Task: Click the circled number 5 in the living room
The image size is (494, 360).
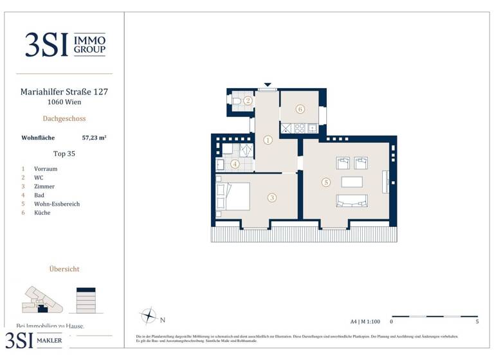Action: [x=326, y=183]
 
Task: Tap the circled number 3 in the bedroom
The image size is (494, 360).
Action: [x=272, y=198]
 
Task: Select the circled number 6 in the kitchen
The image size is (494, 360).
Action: [x=300, y=109]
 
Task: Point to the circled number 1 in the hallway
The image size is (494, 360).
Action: [x=268, y=139]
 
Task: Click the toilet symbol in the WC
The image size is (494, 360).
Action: [x=237, y=101]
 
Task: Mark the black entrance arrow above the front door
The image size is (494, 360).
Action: [x=268, y=85]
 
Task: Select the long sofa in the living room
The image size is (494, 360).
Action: [x=351, y=201]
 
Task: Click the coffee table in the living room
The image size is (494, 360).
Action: [x=351, y=181]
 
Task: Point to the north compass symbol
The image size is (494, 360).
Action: [x=149, y=316]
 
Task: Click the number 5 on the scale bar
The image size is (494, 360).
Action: [x=477, y=321]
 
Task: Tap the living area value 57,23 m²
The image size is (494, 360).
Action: [x=95, y=137]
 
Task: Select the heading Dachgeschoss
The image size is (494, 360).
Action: [x=64, y=118]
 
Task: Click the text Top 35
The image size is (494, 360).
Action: [x=64, y=154]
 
